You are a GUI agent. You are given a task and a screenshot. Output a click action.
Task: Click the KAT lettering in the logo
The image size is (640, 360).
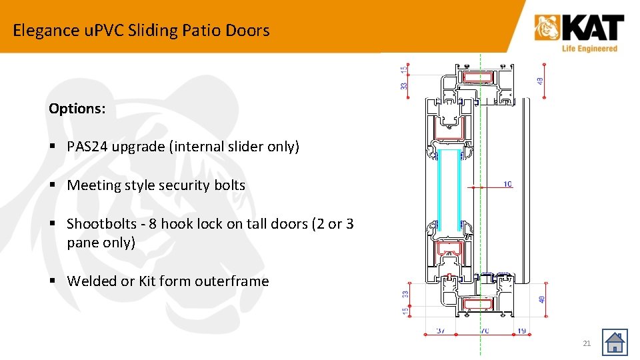592,29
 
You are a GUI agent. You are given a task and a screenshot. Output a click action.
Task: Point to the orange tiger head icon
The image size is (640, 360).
547,29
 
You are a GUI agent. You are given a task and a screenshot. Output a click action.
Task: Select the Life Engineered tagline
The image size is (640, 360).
589,48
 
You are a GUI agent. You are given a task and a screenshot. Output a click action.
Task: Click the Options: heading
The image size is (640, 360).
77,109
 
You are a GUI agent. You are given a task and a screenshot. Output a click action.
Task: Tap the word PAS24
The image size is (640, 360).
87,147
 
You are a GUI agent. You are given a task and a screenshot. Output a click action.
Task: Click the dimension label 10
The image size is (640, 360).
507,184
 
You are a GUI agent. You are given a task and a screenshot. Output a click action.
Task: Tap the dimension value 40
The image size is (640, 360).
541,299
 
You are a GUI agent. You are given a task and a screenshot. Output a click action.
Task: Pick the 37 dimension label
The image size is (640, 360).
441,330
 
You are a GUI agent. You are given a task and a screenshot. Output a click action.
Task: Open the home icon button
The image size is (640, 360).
615,343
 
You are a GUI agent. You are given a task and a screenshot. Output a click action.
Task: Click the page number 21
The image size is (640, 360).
587,343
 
